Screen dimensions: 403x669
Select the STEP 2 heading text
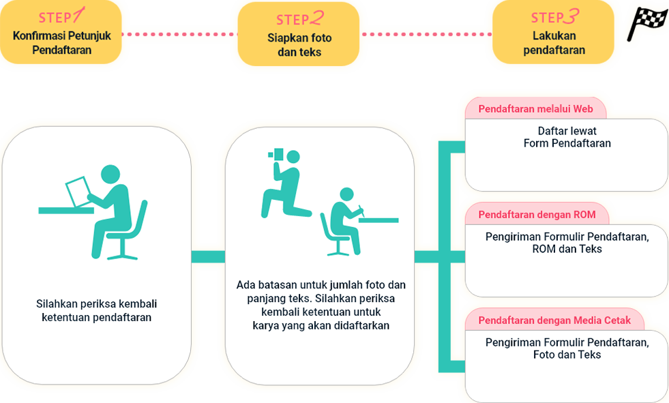pyautogui.click(x=299, y=19)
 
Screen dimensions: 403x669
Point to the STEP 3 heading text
pyautogui.click(x=554, y=17)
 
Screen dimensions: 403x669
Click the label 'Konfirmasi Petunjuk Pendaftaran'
pyautogui.click(x=61, y=43)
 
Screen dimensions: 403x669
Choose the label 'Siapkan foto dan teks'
pyautogui.click(x=299, y=45)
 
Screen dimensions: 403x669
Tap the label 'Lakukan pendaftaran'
pyautogui.click(x=554, y=43)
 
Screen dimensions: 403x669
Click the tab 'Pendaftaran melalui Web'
pyautogui.click(x=535, y=109)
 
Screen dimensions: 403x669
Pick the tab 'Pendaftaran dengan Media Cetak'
pyautogui.click(x=554, y=320)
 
